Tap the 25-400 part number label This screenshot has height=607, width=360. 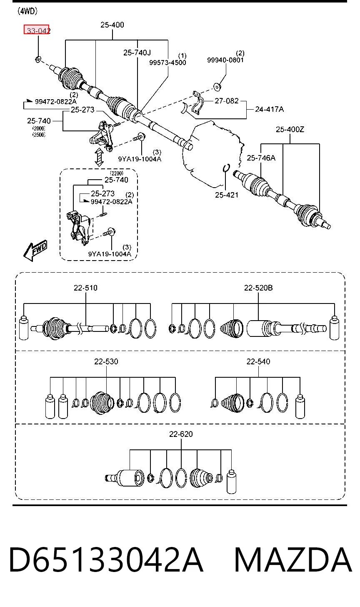point(112,25)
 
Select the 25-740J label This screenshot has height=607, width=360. point(137,53)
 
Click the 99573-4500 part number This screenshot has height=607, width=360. point(167,63)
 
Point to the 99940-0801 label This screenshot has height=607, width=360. point(226,60)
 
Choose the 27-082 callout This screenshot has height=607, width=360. point(227,101)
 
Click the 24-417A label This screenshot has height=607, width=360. point(269,109)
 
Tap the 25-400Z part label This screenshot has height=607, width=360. point(290,130)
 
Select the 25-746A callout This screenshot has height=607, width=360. point(261,158)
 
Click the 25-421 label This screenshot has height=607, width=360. point(227,195)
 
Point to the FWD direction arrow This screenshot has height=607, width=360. point(35,250)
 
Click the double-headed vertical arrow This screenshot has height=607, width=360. point(99,157)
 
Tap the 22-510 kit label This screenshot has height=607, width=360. point(85,288)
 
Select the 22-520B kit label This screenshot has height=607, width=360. point(258,288)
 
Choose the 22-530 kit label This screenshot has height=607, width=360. point(106,361)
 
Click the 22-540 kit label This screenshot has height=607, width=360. point(258,361)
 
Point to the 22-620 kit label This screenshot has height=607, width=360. point(181,434)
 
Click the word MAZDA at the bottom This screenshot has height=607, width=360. point(293,560)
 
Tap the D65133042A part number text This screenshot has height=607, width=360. point(106,560)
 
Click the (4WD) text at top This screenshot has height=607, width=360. point(27,11)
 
